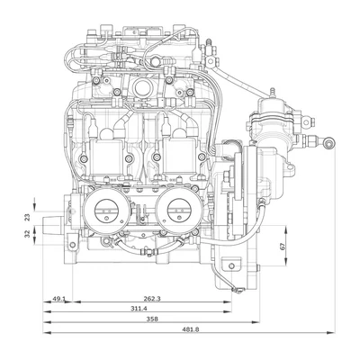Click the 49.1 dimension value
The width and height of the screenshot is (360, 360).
tap(58, 299)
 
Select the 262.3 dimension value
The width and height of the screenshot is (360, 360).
tap(152, 299)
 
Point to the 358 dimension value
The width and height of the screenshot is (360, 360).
tap(153, 319)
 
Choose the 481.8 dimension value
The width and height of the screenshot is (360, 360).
tap(191, 329)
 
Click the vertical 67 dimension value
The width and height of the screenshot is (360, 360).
tap(282, 247)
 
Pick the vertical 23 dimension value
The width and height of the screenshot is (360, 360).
tap(27, 217)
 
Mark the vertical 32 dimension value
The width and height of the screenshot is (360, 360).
tap(27, 234)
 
